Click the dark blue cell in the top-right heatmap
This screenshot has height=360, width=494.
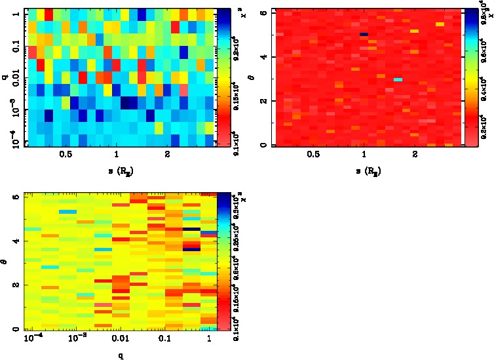point(364,34)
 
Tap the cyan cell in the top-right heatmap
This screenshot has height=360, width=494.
point(398,79)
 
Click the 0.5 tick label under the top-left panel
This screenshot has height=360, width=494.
point(66,155)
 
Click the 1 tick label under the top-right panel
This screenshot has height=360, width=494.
point(364,155)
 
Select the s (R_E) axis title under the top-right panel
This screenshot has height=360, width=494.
point(364,170)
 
